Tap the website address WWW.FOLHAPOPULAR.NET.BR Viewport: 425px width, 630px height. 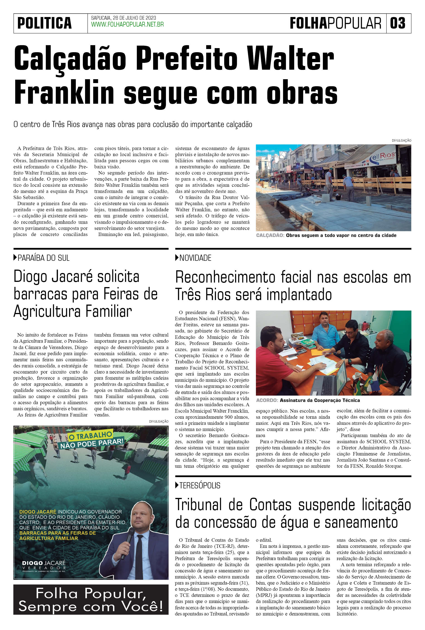[x=127, y=25]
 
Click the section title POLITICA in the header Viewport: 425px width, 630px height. [x=44, y=23]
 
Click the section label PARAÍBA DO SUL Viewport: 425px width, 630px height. [x=43, y=258]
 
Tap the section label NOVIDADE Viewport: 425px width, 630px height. [x=195, y=258]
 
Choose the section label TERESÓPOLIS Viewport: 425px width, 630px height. [x=200, y=485]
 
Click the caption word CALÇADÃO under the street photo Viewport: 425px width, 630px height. [x=270, y=235]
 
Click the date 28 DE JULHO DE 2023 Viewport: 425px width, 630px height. [x=134, y=18]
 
